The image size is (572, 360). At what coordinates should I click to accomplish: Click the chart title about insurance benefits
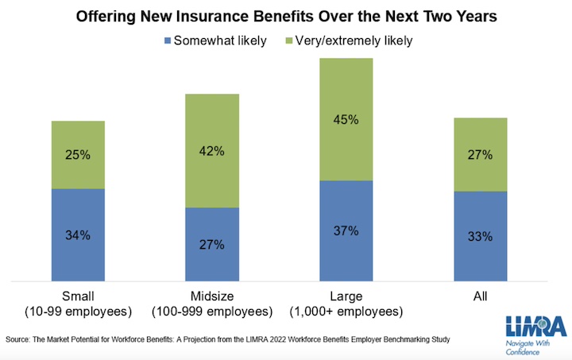pyautogui.click(x=285, y=15)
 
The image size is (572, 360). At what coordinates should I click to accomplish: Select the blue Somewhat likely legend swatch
pyautogui.click(x=167, y=39)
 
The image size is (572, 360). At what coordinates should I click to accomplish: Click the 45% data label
pyautogui.click(x=346, y=120)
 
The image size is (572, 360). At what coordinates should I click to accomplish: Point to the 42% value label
pyautogui.click(x=212, y=151)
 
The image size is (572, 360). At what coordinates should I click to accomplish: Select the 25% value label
pyautogui.click(x=78, y=155)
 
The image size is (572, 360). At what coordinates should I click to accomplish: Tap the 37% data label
pyautogui.click(x=346, y=231)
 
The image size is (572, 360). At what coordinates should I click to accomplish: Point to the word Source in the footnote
pyautogui.click(x=17, y=340)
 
